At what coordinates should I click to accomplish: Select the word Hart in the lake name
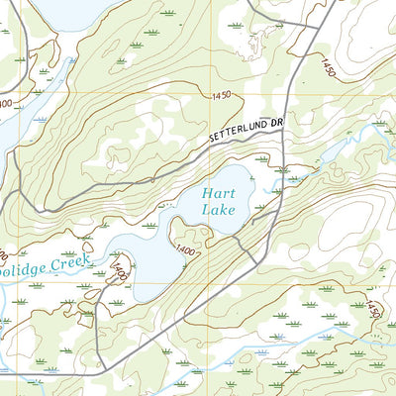214,194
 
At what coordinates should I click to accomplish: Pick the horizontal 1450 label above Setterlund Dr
221,95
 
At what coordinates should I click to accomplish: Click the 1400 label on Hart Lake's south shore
184,248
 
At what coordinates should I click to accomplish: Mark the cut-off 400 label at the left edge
6,103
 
